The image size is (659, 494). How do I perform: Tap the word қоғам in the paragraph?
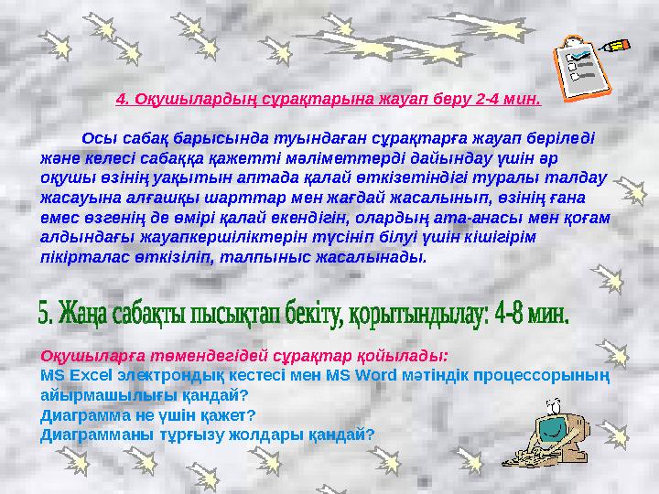[587, 218]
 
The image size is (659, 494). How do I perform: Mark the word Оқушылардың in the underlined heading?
[187, 96]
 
